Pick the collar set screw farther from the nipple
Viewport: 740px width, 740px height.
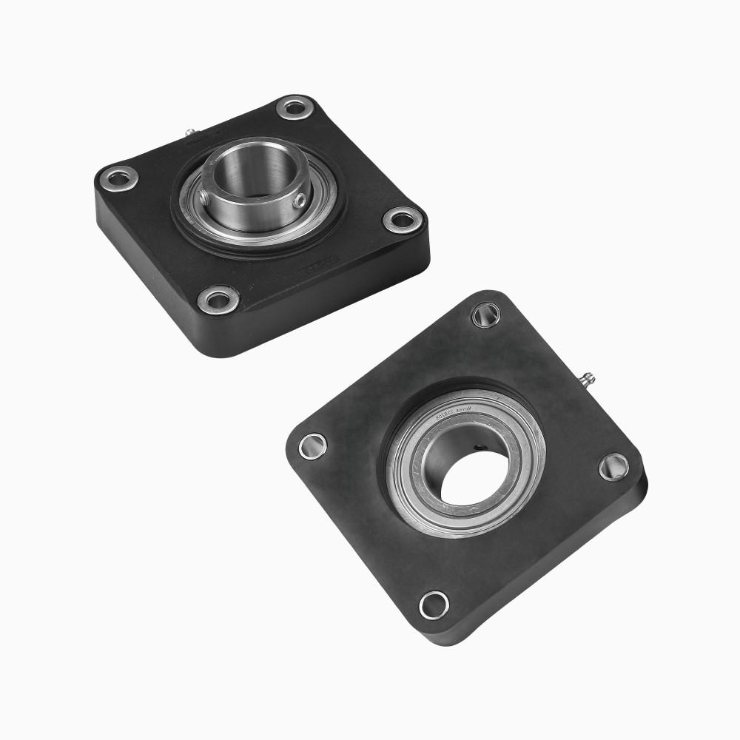pos(299,200)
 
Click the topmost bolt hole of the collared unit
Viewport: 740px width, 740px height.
pos(295,107)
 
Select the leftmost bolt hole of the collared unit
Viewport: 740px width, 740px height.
pos(119,178)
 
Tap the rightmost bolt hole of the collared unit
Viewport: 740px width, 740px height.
pos(403,218)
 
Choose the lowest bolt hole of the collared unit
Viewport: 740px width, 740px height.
pos(219,300)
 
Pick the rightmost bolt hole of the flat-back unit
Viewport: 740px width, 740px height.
pos(613,467)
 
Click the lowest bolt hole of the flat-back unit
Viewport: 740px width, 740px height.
pos(434,604)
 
